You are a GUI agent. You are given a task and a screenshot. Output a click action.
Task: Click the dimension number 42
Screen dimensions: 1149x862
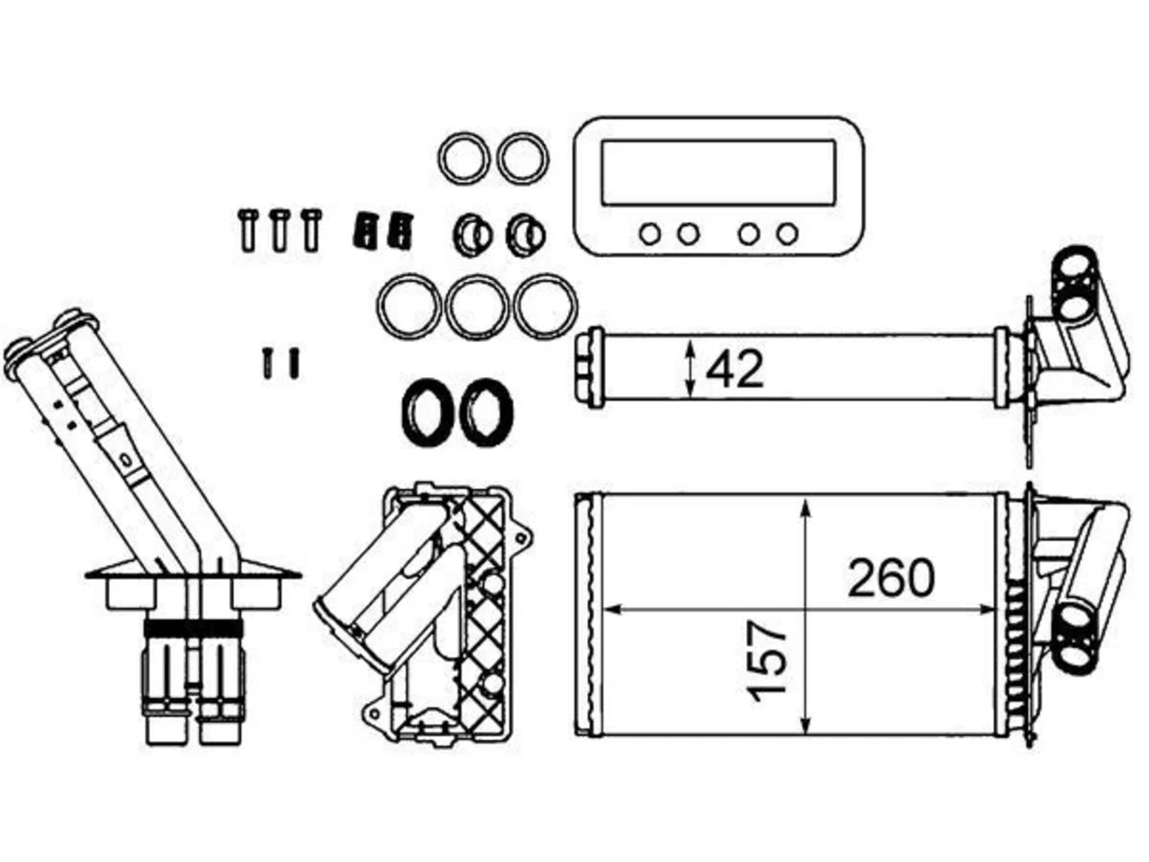point(734,370)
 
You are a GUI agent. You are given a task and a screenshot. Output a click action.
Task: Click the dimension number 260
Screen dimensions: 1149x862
point(891,578)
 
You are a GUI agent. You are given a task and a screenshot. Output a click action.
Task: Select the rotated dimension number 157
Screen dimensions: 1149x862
point(767,661)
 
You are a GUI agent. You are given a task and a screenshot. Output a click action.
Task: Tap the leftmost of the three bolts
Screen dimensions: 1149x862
point(248,229)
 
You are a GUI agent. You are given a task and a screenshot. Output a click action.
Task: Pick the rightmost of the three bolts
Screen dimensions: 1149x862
point(311,229)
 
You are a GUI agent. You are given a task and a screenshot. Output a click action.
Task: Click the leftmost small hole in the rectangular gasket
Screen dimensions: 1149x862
point(650,234)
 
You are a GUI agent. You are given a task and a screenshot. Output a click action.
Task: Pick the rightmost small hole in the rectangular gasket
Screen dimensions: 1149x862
point(787,234)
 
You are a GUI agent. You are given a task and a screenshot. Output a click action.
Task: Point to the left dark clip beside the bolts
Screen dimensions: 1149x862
point(364,230)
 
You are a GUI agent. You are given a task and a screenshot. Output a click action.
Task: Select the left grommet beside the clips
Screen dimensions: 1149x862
point(472,235)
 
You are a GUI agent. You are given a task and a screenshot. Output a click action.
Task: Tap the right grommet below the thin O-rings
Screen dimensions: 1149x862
point(525,235)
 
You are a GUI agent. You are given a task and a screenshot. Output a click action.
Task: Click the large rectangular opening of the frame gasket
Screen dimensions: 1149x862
point(718,172)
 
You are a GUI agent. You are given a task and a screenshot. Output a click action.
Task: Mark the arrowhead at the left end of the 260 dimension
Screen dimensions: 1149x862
point(613,610)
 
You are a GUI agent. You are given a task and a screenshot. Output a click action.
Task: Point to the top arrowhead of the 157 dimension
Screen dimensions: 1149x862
point(806,507)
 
